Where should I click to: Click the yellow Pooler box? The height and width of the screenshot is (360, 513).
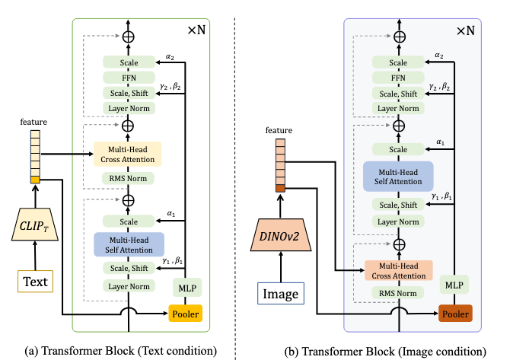click(x=185, y=314)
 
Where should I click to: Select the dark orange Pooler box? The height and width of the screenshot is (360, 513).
click(x=455, y=314)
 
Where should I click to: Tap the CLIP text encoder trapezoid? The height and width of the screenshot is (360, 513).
click(x=35, y=225)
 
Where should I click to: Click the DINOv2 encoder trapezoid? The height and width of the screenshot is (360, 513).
click(x=280, y=235)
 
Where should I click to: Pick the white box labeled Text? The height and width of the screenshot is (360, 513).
click(x=35, y=281)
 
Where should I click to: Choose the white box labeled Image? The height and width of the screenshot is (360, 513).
click(x=281, y=293)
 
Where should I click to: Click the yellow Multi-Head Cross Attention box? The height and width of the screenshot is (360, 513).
click(x=128, y=155)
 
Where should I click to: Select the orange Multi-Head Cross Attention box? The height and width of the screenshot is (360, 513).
click(x=399, y=271)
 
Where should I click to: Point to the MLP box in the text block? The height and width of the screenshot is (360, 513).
click(x=187, y=288)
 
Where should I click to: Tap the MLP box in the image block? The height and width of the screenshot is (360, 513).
click(x=454, y=285)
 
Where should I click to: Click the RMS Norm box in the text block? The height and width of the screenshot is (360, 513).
click(x=128, y=178)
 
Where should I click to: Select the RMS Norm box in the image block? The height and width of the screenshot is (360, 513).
click(x=398, y=293)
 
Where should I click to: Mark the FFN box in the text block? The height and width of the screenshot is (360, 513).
click(x=129, y=78)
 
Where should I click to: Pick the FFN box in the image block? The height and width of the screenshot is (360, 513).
click(x=398, y=78)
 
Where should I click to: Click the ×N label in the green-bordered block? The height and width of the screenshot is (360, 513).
click(x=196, y=30)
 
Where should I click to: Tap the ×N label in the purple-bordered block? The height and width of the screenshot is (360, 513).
click(x=466, y=30)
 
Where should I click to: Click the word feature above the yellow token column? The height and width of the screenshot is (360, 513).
click(x=33, y=122)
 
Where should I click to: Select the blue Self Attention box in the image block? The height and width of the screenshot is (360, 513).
click(x=398, y=177)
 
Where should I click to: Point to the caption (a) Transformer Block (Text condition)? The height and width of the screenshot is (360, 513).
click(x=121, y=351)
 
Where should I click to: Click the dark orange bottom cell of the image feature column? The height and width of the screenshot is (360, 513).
click(x=280, y=188)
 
